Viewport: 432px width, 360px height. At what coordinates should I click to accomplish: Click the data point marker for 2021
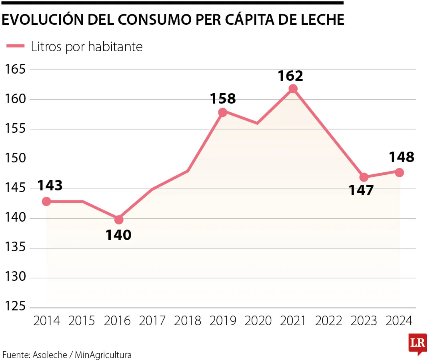(293, 89)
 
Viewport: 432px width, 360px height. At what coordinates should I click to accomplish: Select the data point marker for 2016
(119, 220)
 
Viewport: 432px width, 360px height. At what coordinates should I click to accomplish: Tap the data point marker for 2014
(46, 201)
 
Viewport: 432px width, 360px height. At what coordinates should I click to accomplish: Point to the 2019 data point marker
(223, 112)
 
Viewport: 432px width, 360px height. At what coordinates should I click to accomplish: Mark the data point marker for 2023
(364, 177)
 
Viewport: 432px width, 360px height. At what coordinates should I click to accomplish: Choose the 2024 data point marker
(399, 172)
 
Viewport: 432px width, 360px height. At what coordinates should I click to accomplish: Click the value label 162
(290, 76)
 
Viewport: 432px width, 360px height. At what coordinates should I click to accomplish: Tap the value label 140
(118, 235)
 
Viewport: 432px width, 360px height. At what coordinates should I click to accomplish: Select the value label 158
(223, 98)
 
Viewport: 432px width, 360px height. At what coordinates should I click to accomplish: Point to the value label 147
(361, 190)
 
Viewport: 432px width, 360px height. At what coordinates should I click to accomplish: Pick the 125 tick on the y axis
(15, 308)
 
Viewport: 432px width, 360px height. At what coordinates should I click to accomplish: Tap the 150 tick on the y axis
(15, 159)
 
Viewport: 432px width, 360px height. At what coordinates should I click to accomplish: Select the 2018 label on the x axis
(188, 321)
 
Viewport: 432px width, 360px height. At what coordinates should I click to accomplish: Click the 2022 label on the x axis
(328, 321)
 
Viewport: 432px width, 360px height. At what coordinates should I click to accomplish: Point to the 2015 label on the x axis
(82, 321)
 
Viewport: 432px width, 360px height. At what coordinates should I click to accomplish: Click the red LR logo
(418, 344)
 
